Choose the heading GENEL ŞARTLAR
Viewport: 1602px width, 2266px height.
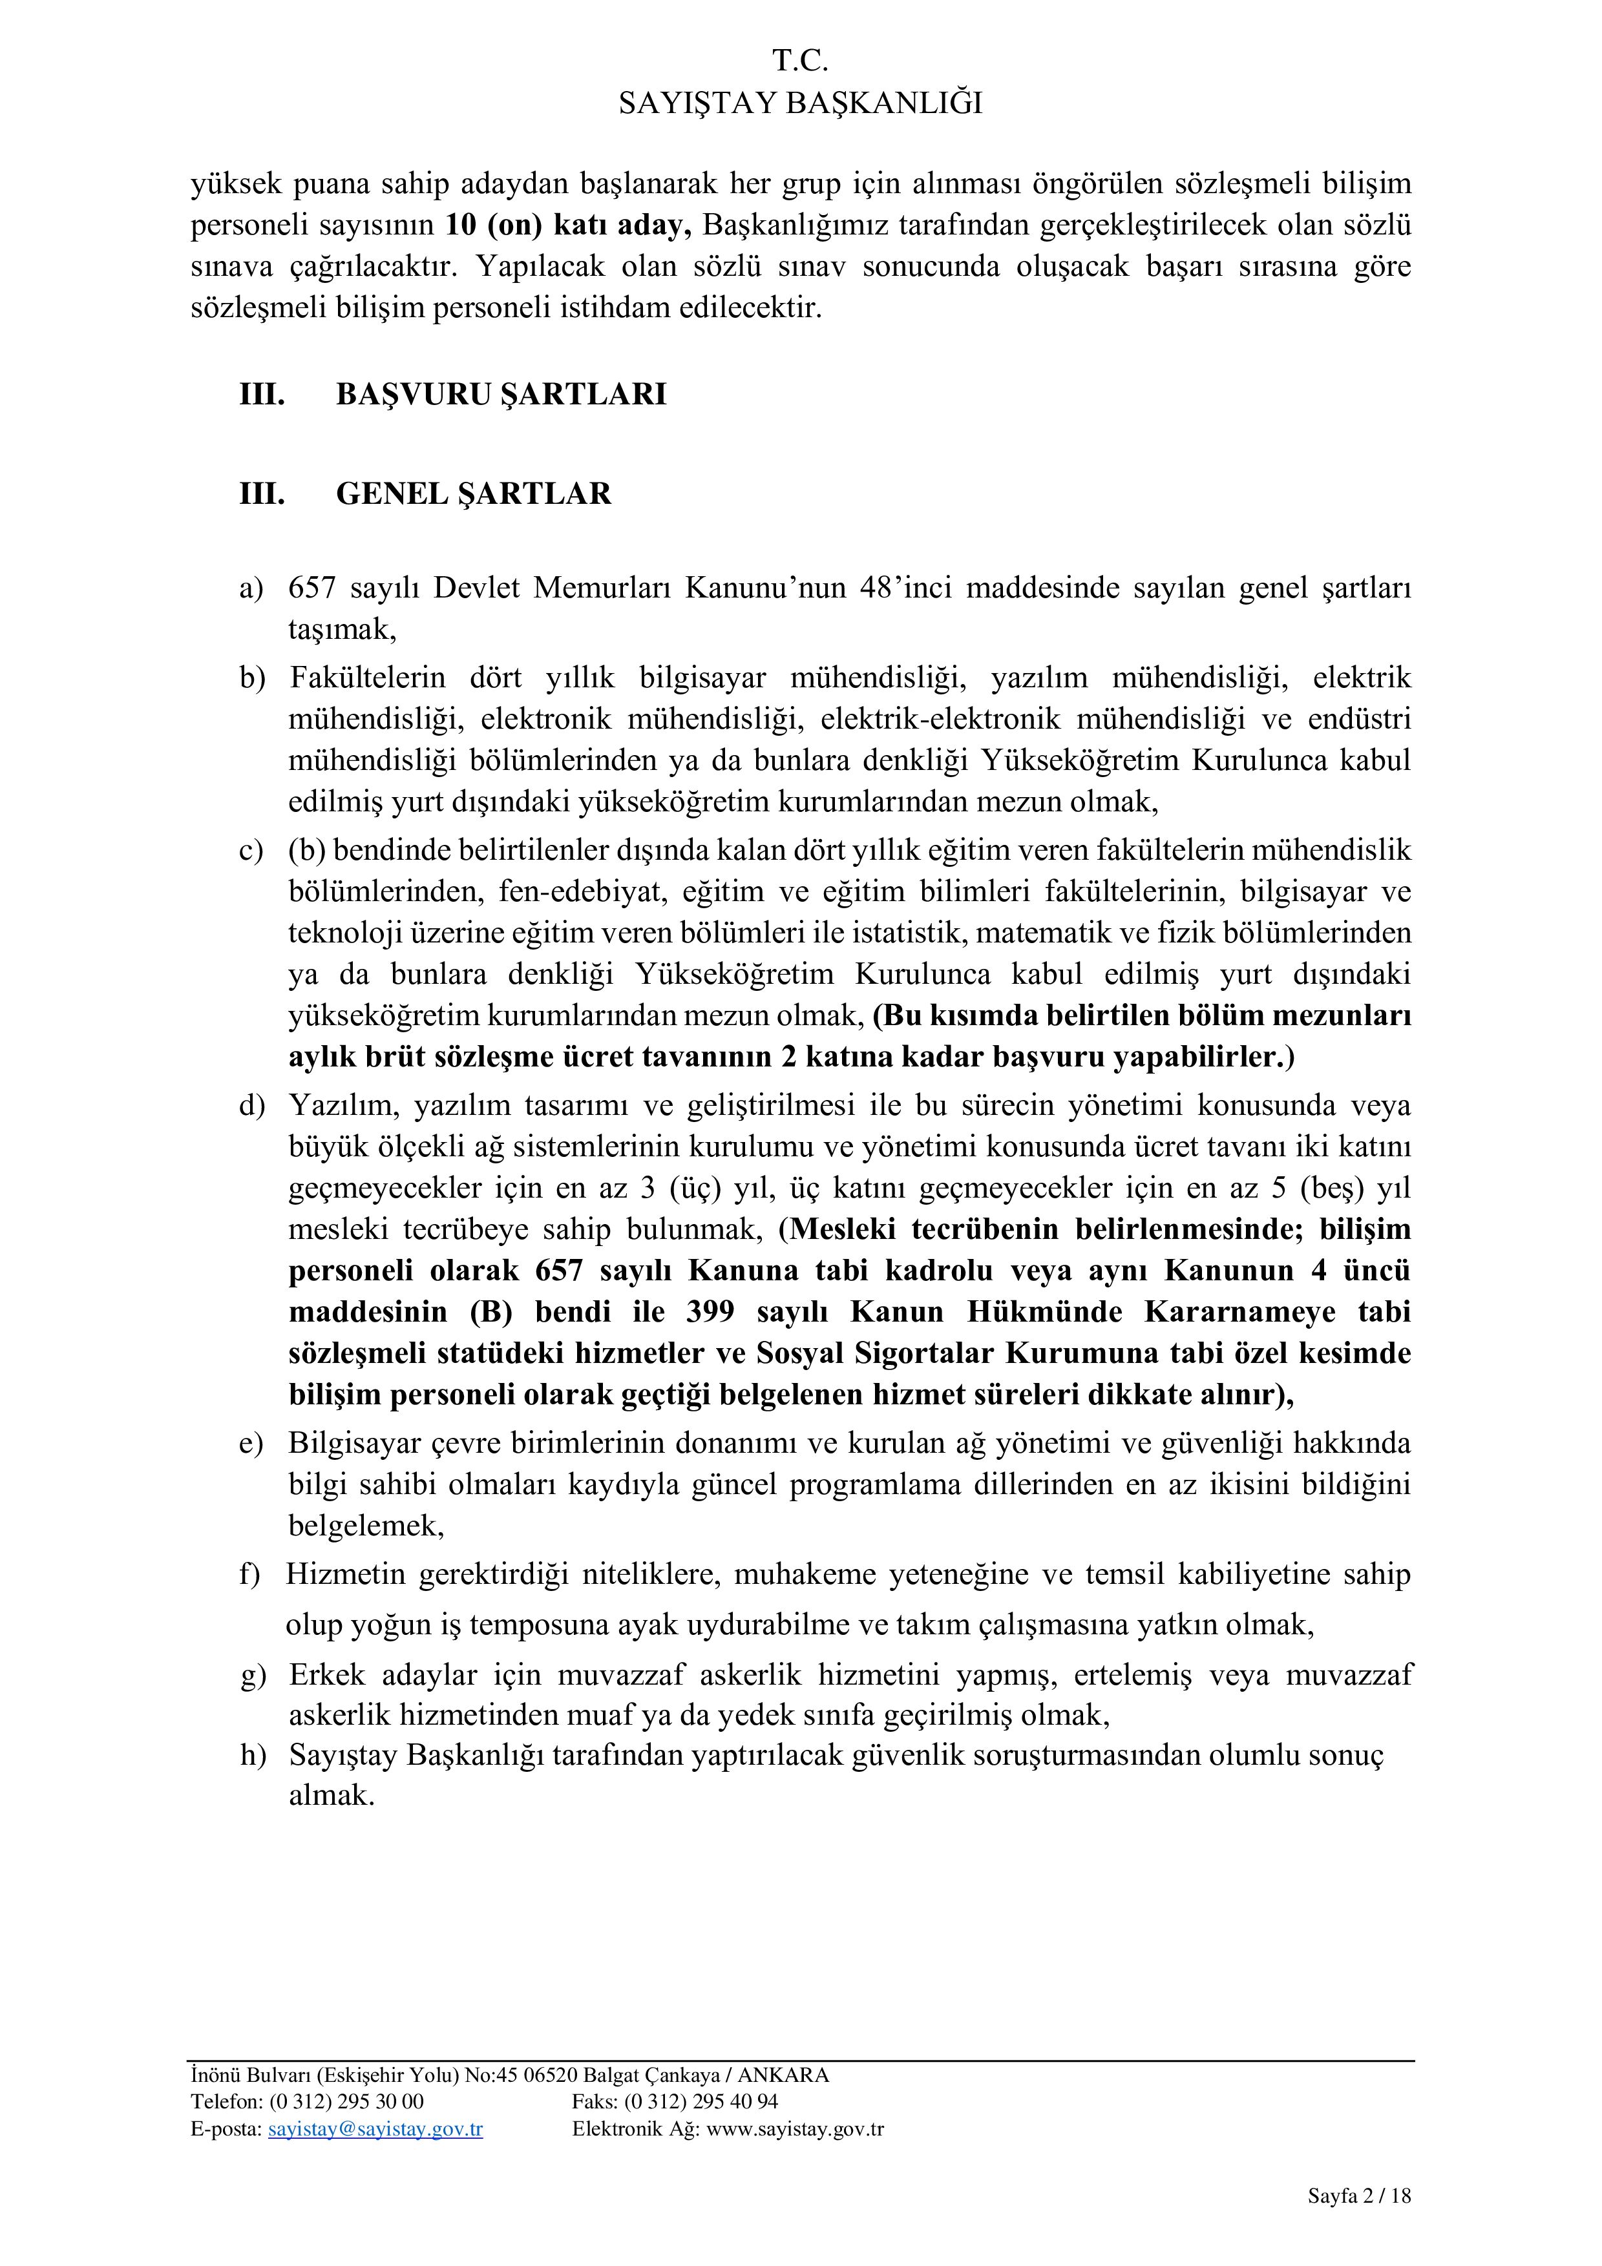473,494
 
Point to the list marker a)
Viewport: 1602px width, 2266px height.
251,588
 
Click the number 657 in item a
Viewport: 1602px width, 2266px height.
312,588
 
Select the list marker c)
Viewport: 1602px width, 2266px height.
251,851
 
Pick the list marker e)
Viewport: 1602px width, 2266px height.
251,1444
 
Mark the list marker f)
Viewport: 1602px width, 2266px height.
249,1575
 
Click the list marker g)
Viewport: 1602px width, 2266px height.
253,1676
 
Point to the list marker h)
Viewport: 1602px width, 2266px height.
253,1756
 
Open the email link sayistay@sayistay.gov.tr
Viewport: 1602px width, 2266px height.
375,2130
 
